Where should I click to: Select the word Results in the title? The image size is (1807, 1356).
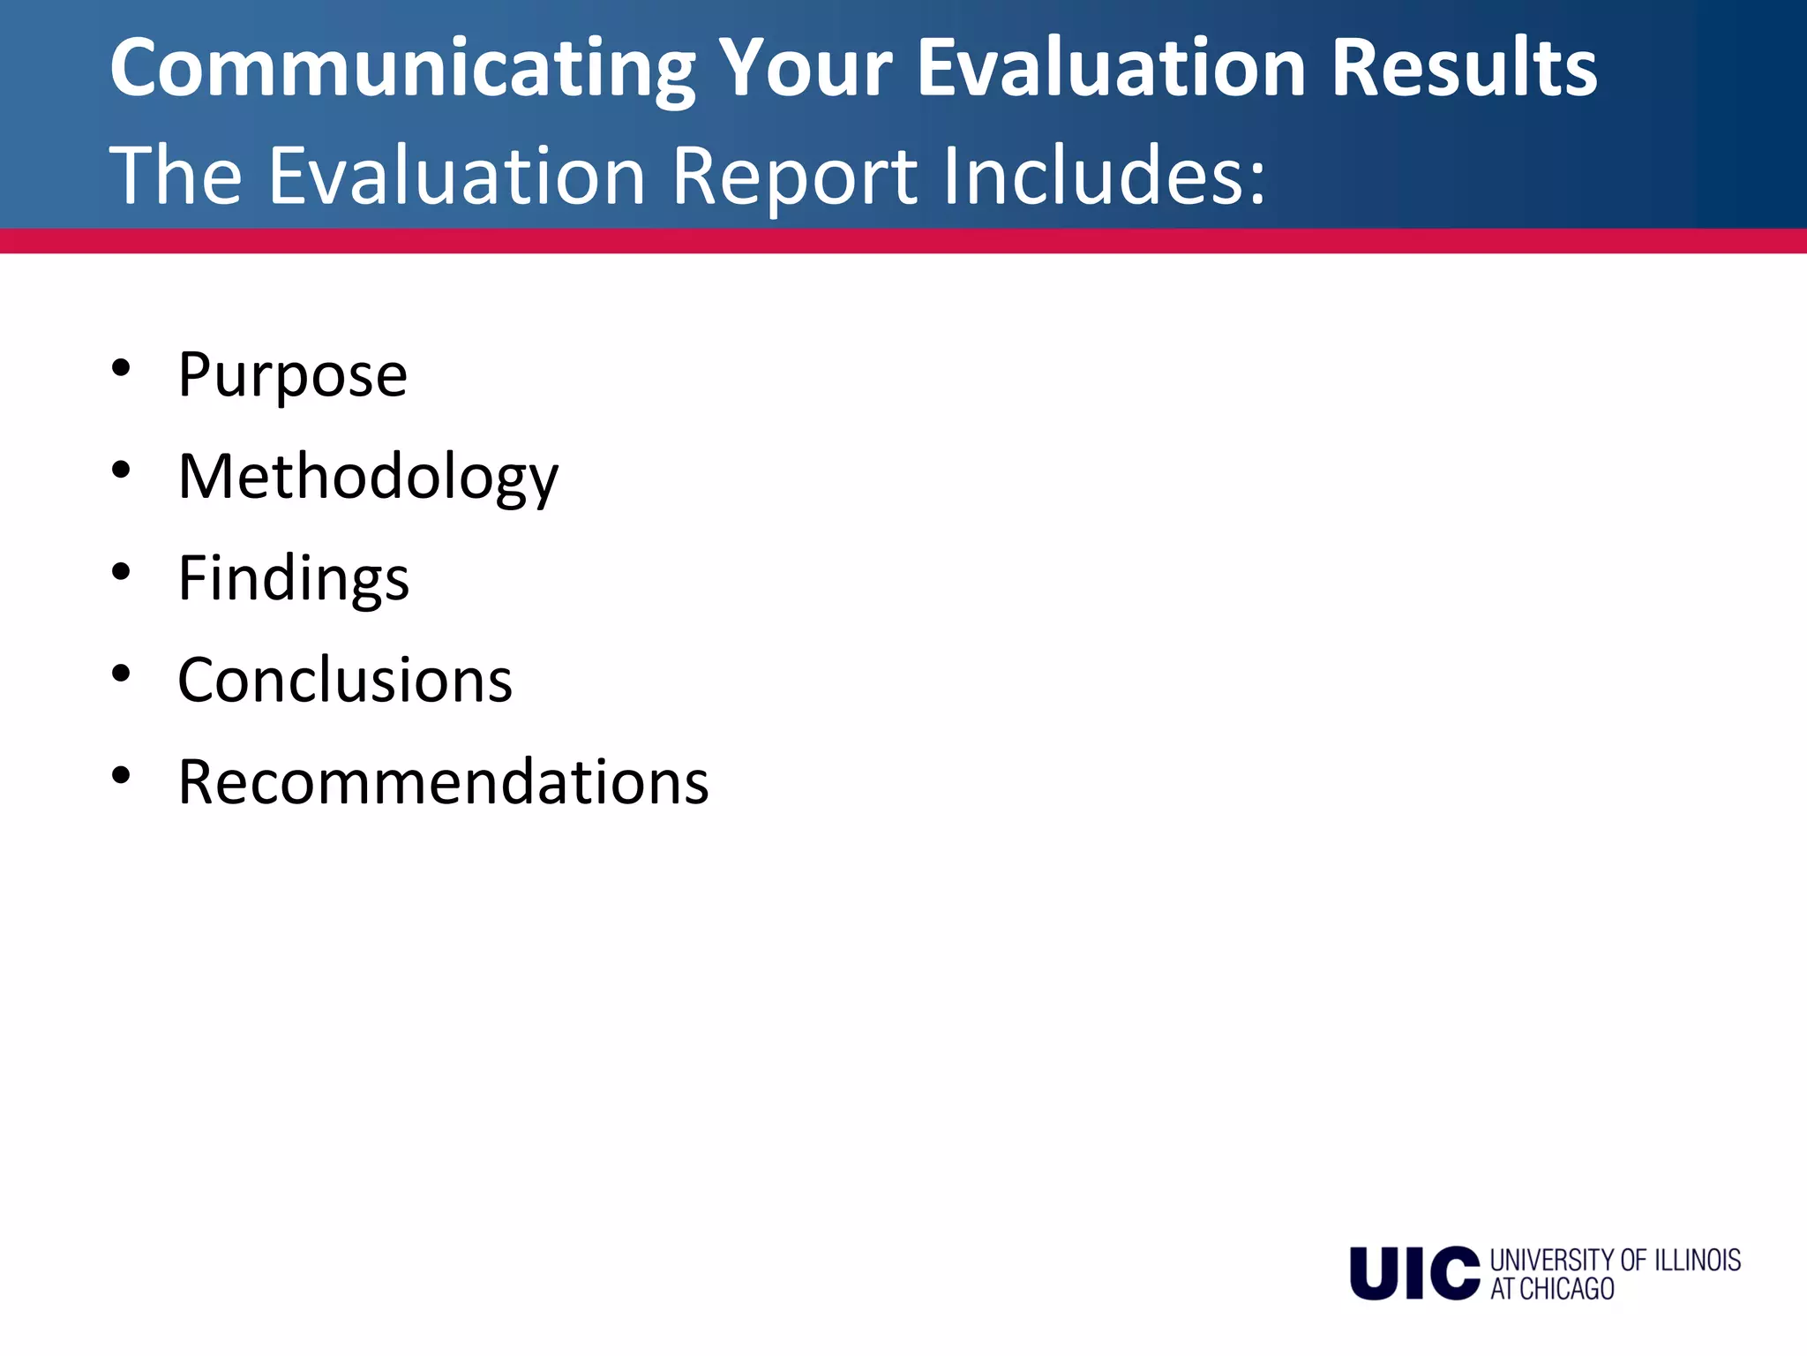(1464, 69)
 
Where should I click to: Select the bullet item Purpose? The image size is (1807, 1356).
(292, 375)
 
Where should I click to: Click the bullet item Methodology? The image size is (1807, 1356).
(368, 478)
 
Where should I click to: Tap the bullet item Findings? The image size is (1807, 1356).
(293, 579)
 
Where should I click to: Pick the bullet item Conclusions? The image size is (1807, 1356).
(345, 681)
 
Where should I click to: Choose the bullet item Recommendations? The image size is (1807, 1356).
(443, 782)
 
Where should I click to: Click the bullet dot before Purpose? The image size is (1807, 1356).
(122, 368)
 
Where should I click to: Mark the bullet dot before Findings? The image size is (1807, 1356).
(122, 572)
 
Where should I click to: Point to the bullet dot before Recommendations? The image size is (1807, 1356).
(122, 775)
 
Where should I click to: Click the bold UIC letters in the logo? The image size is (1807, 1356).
(1414, 1273)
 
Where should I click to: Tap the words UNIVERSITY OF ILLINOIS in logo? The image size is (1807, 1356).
(1615, 1260)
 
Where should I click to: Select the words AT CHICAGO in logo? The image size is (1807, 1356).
(1552, 1289)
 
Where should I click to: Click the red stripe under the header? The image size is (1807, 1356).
(903, 241)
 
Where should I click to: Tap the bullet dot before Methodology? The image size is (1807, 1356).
(122, 470)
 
